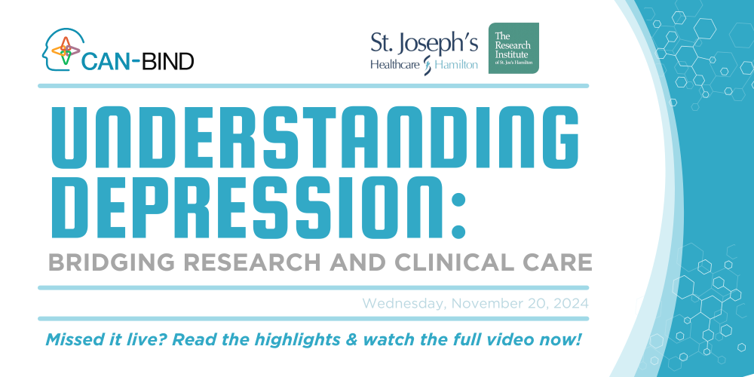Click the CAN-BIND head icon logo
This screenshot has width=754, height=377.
pos(63,50)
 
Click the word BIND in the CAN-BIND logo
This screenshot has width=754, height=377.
pos(167,62)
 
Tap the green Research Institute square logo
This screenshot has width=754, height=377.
pos(513,48)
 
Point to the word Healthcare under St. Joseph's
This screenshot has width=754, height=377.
pos(395,64)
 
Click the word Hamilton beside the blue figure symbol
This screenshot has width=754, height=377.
pos(456,64)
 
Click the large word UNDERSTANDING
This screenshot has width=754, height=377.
pos(315,137)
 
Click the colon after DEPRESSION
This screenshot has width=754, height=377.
pos(458,215)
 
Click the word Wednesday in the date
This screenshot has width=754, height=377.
pos(403,304)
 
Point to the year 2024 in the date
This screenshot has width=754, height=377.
pos(570,303)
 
